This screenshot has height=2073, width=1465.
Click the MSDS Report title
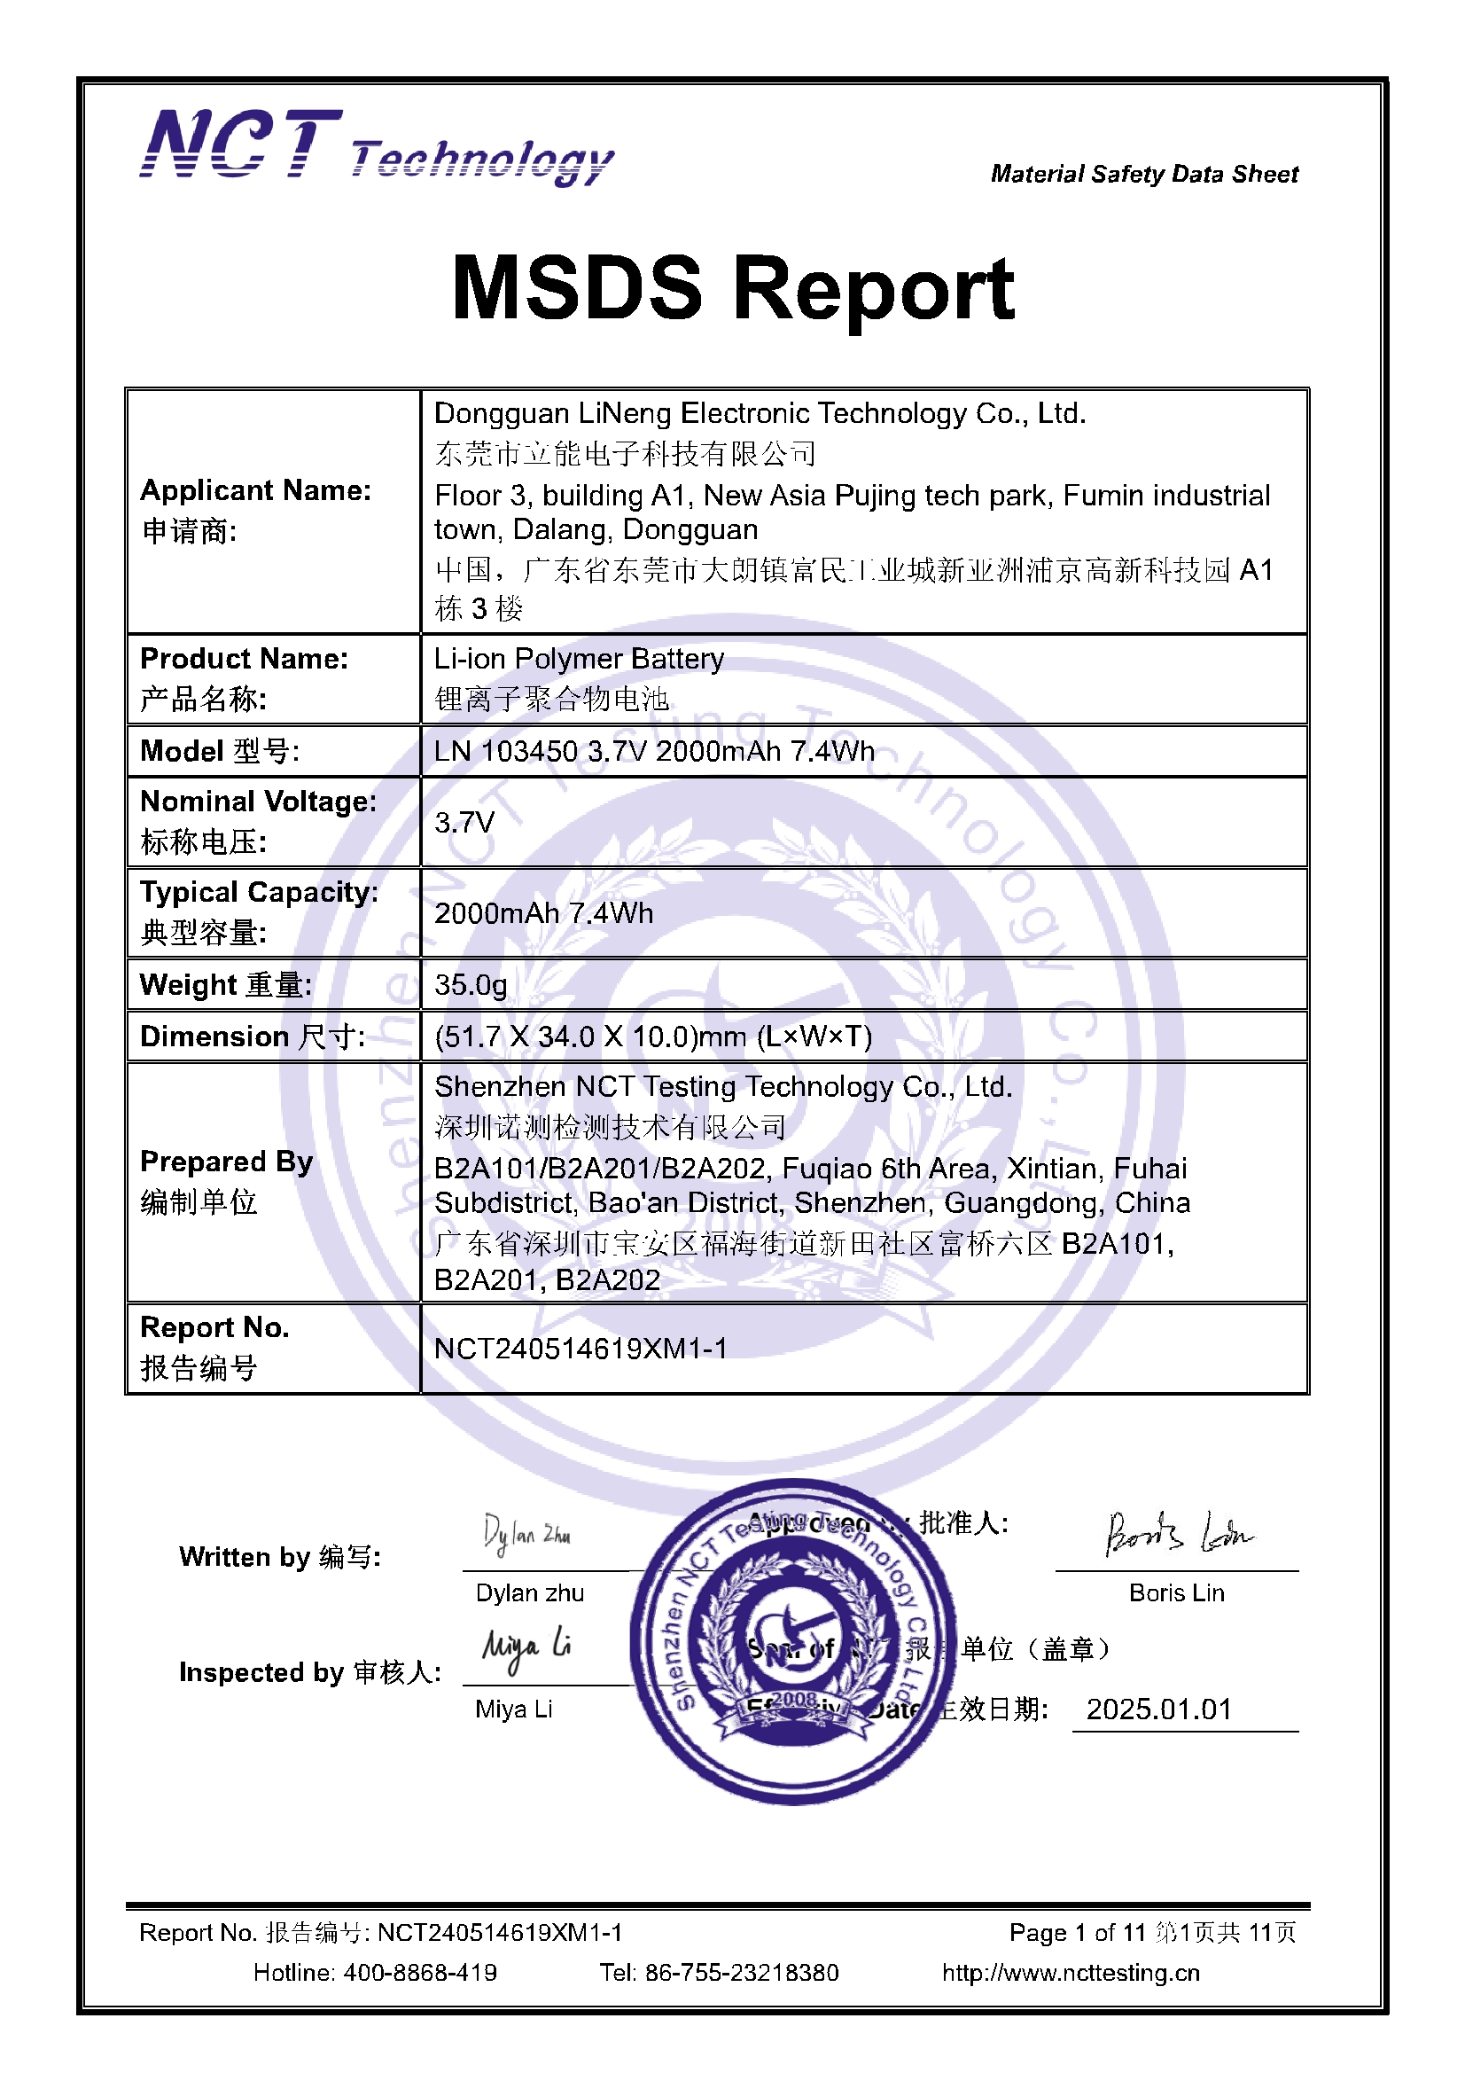point(733,288)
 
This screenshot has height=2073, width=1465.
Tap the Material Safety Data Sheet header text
point(1143,175)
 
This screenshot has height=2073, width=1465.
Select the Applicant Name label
point(255,490)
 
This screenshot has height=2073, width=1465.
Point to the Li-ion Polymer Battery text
point(579,659)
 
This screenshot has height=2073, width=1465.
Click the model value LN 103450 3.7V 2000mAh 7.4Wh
point(653,751)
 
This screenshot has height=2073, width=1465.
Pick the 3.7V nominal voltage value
point(464,823)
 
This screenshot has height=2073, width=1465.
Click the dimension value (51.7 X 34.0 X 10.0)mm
point(652,1036)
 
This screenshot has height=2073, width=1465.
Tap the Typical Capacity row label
point(259,893)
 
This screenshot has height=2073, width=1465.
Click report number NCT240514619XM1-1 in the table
point(581,1349)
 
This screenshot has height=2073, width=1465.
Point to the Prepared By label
point(227,1162)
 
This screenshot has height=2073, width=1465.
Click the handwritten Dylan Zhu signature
point(526,1534)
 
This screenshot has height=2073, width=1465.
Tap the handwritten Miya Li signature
point(526,1647)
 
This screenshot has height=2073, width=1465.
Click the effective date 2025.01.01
point(1159,1709)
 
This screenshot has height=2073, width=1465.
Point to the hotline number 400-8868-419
point(420,1973)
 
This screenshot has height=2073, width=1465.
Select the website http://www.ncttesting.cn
point(1071,1973)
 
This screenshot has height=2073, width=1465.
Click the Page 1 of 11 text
point(1076,1933)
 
